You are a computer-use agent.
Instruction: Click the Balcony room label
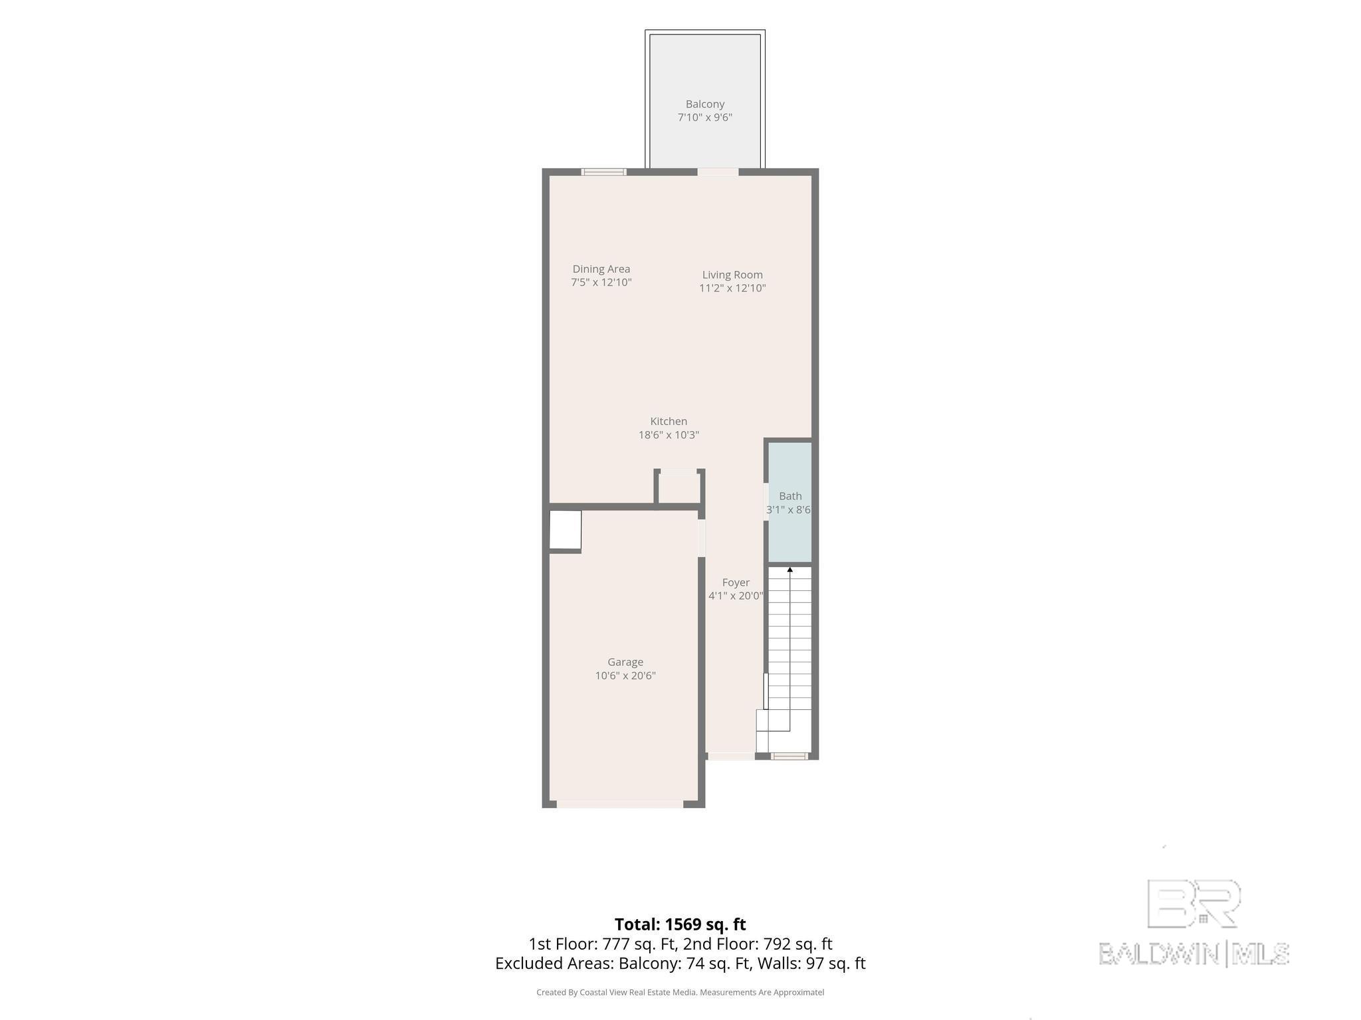click(x=704, y=104)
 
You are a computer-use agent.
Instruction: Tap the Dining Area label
click(x=601, y=269)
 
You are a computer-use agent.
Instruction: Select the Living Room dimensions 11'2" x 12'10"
click(x=732, y=288)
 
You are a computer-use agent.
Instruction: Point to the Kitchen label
click(x=669, y=421)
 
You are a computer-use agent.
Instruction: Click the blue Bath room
click(x=790, y=502)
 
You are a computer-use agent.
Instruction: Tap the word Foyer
click(x=736, y=582)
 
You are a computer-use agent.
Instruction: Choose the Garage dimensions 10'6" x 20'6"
click(x=625, y=676)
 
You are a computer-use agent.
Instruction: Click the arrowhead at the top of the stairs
click(x=790, y=570)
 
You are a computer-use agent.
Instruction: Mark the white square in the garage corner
click(x=566, y=530)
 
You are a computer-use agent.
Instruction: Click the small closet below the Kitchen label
click(x=679, y=488)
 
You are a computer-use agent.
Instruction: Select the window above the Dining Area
click(x=603, y=172)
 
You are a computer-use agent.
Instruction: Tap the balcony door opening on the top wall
click(x=718, y=172)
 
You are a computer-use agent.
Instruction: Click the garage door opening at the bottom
click(x=620, y=804)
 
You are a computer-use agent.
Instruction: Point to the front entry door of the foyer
click(x=731, y=756)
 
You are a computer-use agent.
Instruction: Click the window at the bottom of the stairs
click(x=789, y=756)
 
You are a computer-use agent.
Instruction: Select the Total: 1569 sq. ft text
click(x=680, y=924)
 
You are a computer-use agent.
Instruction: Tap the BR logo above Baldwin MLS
click(x=1194, y=904)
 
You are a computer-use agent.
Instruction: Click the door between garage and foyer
click(x=701, y=538)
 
